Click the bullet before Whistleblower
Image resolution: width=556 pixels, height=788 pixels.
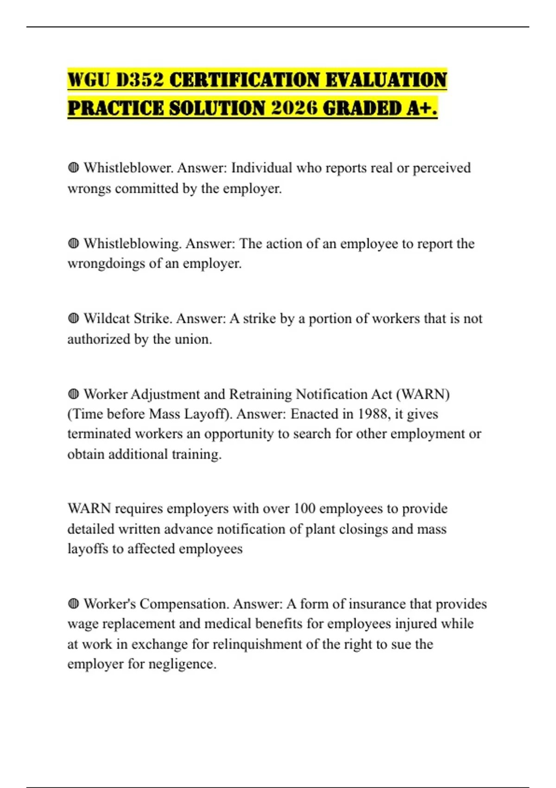[x=73, y=167]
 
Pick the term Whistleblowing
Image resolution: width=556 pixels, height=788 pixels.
[x=133, y=243]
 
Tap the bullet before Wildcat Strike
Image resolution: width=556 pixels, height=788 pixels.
[x=73, y=318]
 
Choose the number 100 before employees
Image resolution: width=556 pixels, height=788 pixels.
[x=304, y=508]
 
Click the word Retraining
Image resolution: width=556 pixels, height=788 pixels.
[x=260, y=394]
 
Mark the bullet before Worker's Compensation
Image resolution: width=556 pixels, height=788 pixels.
[x=73, y=604]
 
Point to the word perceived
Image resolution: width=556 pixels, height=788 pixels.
[x=441, y=167]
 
